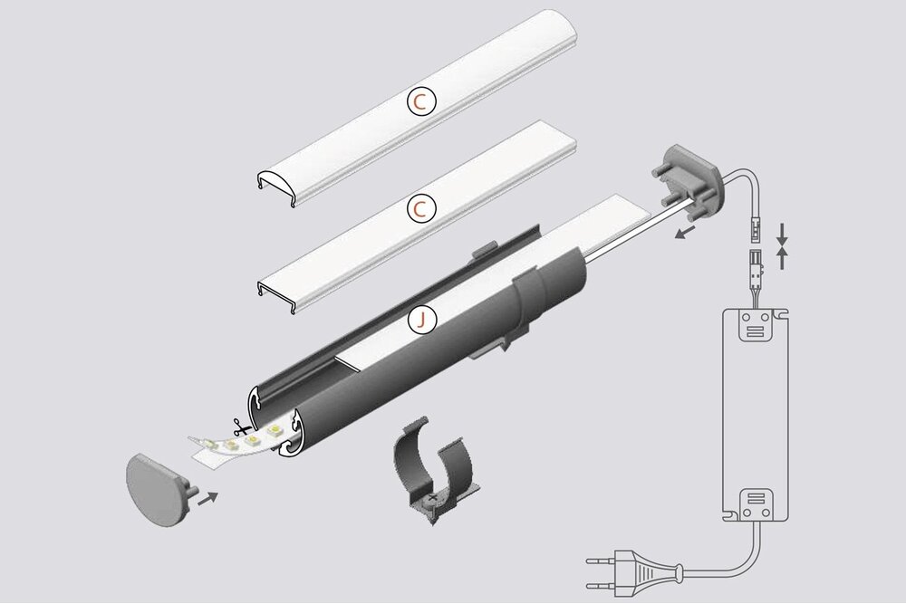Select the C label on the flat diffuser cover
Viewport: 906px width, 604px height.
coord(420,209)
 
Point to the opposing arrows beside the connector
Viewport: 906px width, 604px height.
coord(784,245)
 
